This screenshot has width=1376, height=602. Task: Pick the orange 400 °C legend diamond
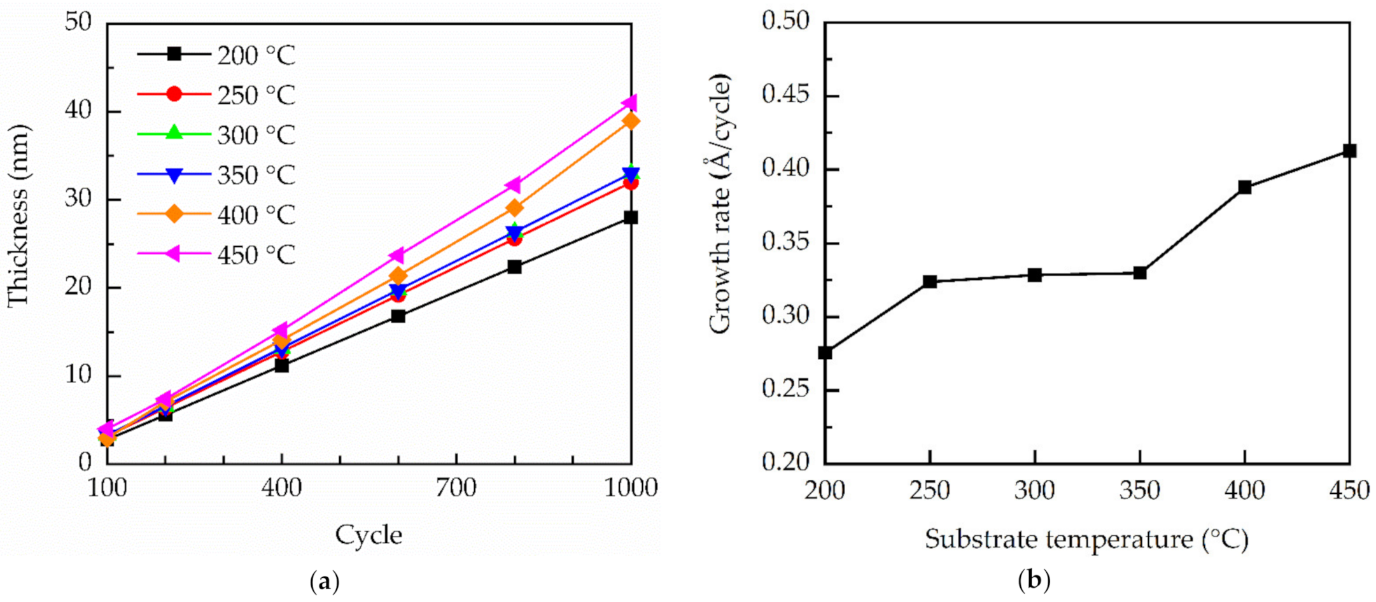[x=174, y=214]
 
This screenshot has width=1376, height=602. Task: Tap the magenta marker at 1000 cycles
[x=630, y=102]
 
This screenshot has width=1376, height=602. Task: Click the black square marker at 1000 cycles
[x=631, y=218]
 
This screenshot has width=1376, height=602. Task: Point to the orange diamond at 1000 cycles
[x=631, y=121]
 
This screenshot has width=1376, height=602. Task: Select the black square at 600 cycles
[x=398, y=316]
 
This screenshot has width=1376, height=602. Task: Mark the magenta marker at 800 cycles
[x=514, y=185]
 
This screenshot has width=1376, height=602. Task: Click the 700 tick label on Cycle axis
[x=456, y=488]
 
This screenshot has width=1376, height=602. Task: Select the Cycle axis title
[x=369, y=535]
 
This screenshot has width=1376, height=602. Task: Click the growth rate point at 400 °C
[x=1245, y=187]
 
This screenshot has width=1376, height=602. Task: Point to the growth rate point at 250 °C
[x=930, y=281]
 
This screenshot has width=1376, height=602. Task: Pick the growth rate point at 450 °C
[x=1349, y=151]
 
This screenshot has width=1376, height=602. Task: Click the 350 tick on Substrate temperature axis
[x=1139, y=491]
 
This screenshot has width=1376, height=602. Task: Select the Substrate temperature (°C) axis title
[x=1086, y=540]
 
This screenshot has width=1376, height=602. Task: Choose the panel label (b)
[x=1034, y=580]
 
